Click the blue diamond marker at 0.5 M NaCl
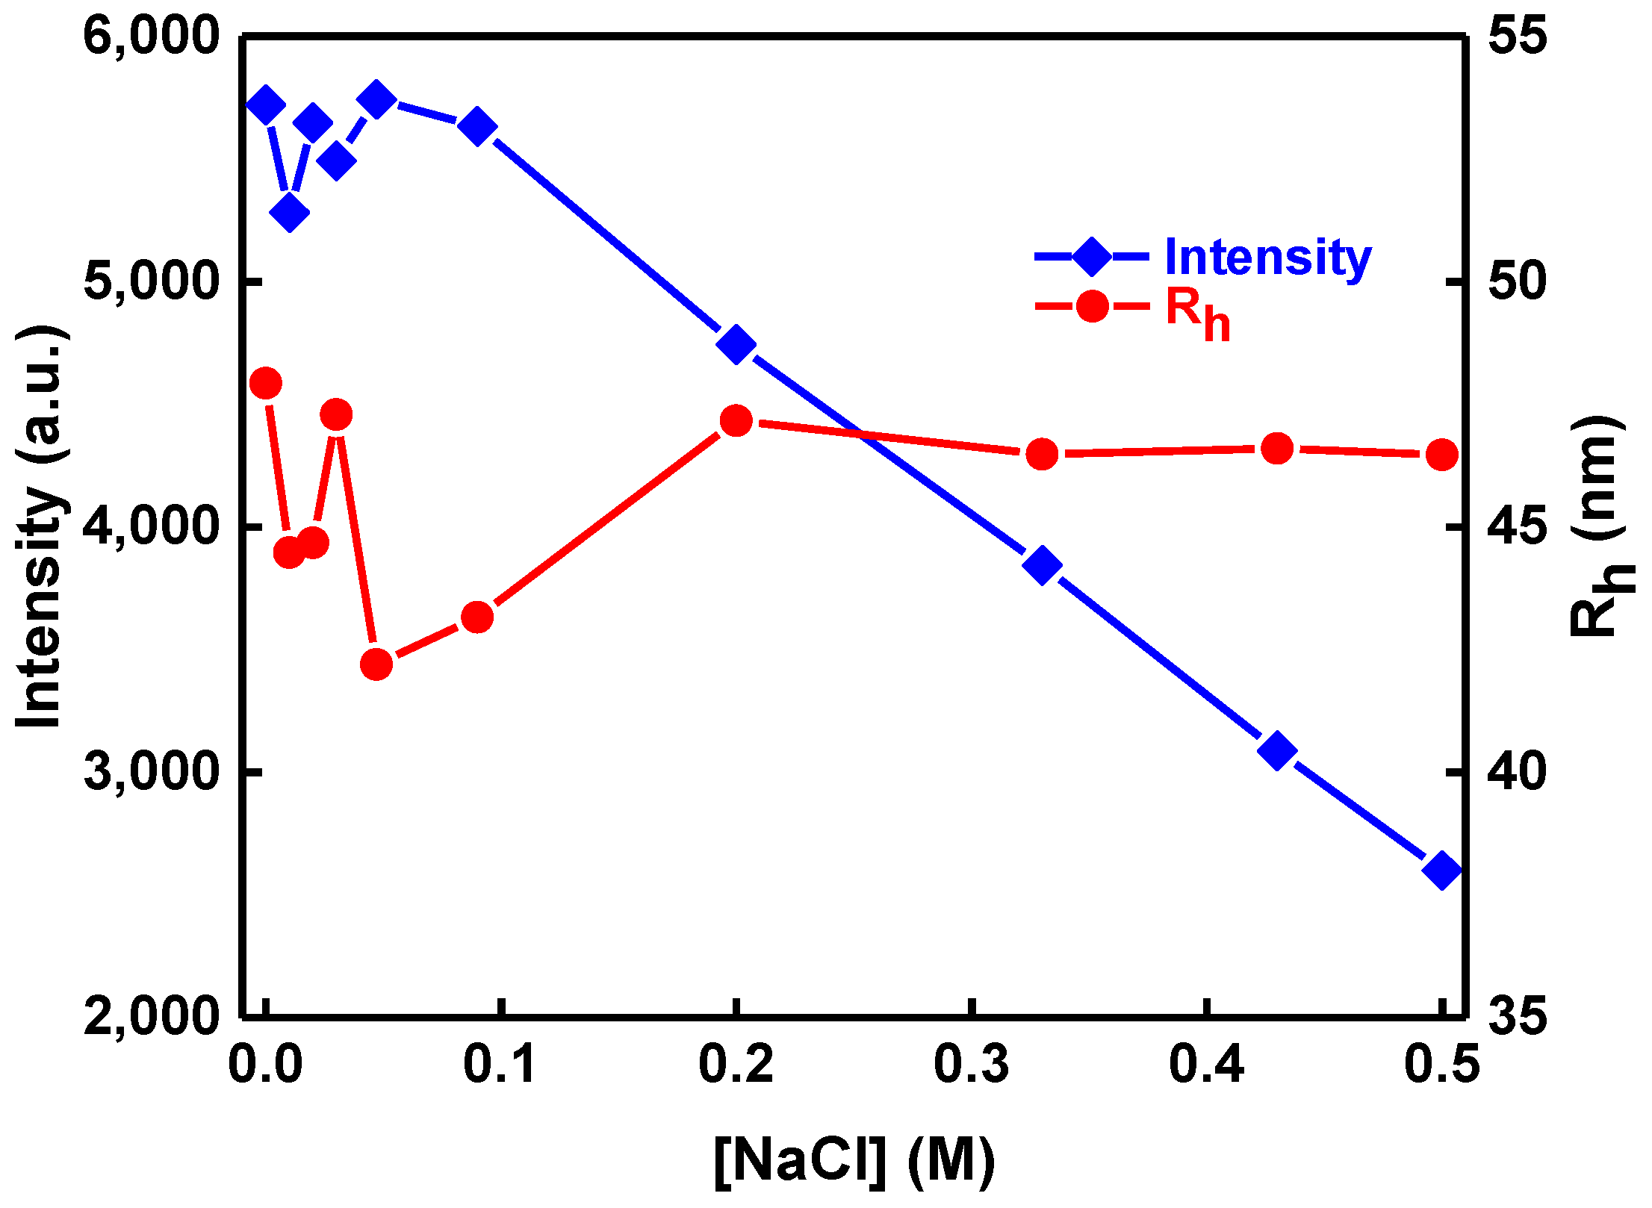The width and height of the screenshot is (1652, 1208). click(x=1441, y=871)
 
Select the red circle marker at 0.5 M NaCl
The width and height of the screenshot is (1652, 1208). click(x=1441, y=455)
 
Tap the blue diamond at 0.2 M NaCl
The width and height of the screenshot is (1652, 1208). click(x=736, y=344)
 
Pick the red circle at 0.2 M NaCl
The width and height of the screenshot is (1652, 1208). click(x=736, y=421)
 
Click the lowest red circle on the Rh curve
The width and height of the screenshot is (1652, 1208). click(x=376, y=664)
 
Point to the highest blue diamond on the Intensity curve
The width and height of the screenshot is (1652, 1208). click(x=376, y=99)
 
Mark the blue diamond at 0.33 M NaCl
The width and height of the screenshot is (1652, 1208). click(x=1042, y=564)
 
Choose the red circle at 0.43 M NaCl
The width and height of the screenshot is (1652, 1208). click(x=1277, y=449)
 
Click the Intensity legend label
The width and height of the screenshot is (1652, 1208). click(x=1267, y=258)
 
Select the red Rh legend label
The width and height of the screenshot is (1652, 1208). click(x=1197, y=312)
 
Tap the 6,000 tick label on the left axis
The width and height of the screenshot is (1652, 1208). click(x=152, y=36)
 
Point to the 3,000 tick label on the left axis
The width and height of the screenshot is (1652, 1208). click(x=152, y=772)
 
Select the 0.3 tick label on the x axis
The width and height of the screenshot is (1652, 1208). click(x=971, y=1065)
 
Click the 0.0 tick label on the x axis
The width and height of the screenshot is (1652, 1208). click(x=265, y=1065)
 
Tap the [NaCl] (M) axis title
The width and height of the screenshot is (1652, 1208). click(x=854, y=1162)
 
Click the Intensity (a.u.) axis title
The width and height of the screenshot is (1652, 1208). click(x=40, y=526)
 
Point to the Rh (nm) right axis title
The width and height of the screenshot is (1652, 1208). click(x=1598, y=526)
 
